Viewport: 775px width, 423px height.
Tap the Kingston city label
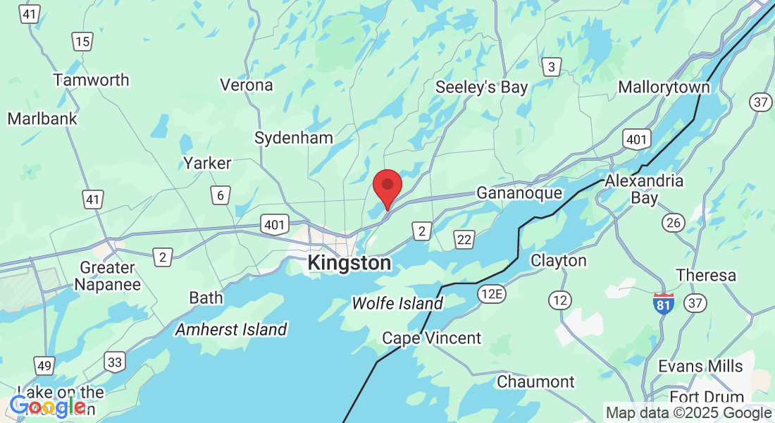pos(349,264)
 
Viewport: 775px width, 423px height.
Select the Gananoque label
pos(519,192)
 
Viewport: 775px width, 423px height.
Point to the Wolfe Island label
pos(397,303)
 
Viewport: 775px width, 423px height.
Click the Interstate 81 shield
pos(663,303)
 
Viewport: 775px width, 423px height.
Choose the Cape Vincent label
pos(431,338)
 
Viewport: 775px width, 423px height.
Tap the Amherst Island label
pos(231,329)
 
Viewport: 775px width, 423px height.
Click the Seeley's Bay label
pos(481,87)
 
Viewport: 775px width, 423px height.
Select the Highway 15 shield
pos(82,42)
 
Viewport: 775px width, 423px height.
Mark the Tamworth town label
pos(92,80)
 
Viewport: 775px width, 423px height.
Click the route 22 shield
pos(464,239)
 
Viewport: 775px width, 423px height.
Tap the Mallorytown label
pos(664,87)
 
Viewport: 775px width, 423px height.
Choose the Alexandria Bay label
pos(644,189)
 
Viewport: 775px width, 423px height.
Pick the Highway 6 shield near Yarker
pos(221,195)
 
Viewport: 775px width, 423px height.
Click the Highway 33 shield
pos(115,362)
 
